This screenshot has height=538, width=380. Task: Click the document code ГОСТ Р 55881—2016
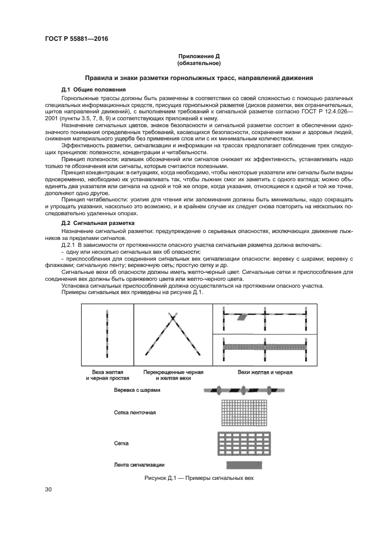coord(76,39)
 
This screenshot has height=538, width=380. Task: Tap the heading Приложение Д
coord(199,56)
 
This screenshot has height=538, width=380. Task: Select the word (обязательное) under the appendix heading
coord(199,63)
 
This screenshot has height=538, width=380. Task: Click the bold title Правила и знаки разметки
coord(199,78)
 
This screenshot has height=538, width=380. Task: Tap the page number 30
coord(48,489)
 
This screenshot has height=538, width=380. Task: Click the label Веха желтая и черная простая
coord(107,376)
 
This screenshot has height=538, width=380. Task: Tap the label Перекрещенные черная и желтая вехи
coord(173,376)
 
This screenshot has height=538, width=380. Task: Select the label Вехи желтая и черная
coord(265,372)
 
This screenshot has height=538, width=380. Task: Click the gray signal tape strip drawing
coord(245,464)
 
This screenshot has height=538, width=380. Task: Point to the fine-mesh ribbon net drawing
coord(245,413)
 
